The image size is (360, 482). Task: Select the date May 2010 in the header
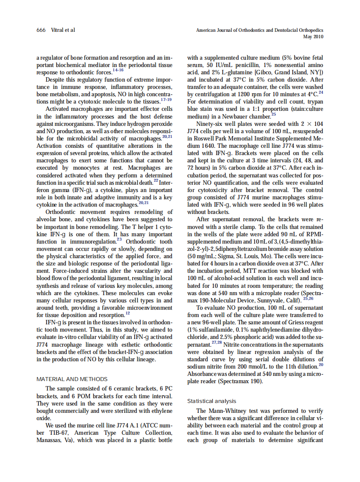click(313, 37)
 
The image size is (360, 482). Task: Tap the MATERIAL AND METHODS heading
click(72, 379)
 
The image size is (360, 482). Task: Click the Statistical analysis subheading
click(211, 401)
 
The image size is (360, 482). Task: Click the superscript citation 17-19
click(166, 99)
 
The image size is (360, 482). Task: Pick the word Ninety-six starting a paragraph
click(210, 124)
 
